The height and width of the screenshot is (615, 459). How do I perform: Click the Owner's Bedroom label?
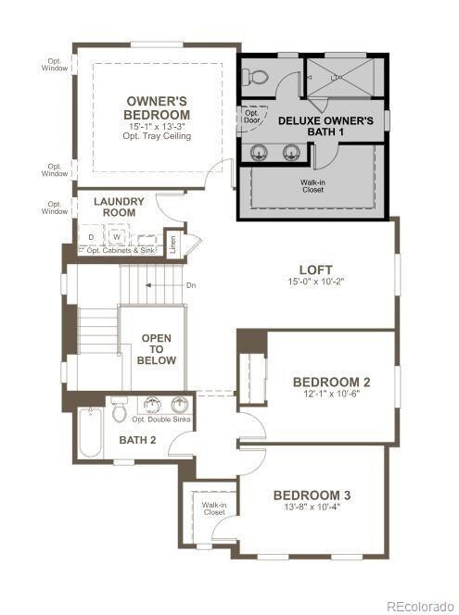tap(158, 107)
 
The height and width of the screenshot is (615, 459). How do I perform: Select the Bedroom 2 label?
tap(332, 382)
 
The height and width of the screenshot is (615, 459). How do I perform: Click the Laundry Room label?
tap(120, 207)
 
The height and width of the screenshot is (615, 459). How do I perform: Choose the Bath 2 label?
tap(137, 438)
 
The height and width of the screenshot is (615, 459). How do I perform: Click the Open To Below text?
tap(157, 348)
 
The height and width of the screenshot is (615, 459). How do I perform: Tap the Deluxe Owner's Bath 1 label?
tap(325, 127)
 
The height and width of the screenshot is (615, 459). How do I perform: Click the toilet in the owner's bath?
tap(259, 78)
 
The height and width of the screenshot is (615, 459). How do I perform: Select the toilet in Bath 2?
tap(120, 408)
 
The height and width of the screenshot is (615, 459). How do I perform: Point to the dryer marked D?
tap(92, 237)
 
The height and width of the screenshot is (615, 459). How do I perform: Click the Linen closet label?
tap(172, 245)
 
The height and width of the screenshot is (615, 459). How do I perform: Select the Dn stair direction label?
tap(190, 284)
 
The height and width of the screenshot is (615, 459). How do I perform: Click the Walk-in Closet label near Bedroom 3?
tap(213, 508)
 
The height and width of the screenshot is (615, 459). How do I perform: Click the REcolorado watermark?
tap(421, 606)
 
